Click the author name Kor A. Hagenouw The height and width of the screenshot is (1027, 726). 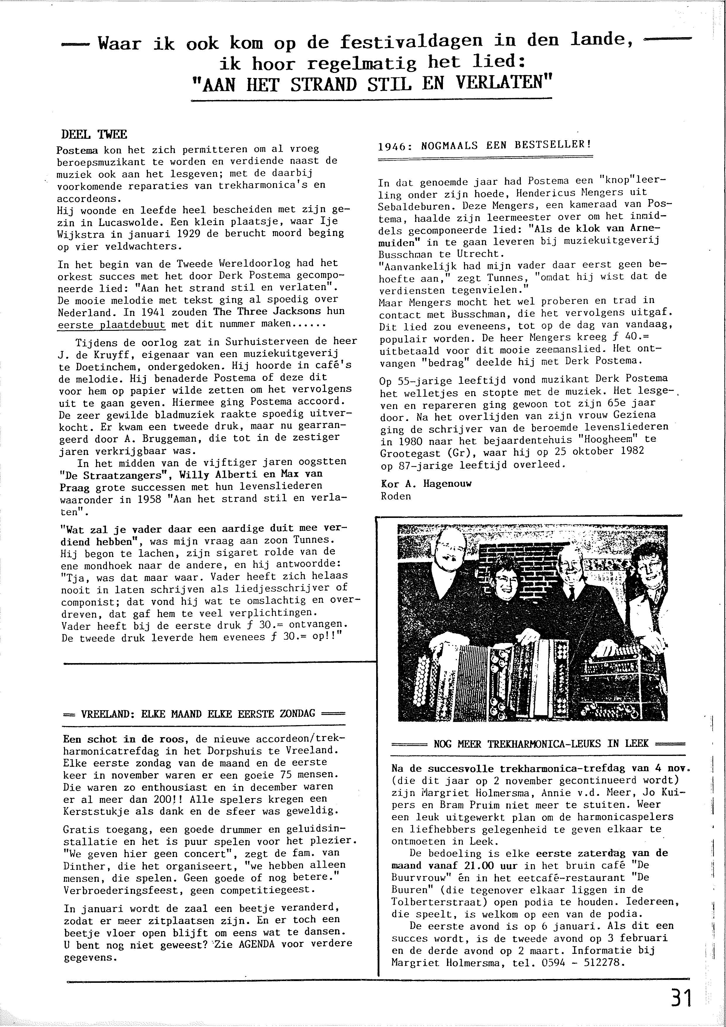[x=426, y=484]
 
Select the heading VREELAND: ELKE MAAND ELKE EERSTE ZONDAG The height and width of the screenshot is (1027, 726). [x=204, y=713]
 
